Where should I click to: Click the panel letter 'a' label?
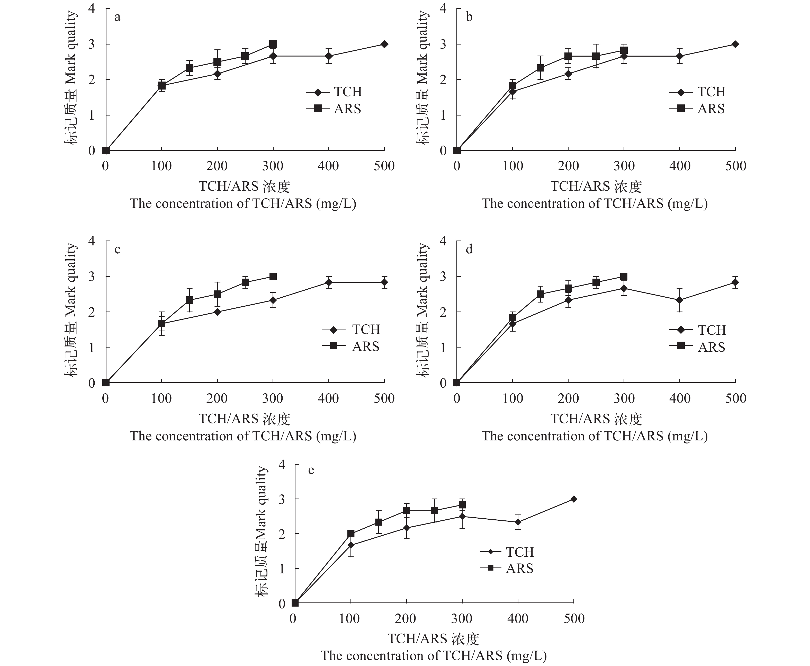coord(117,17)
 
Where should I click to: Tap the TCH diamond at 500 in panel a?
coord(384,44)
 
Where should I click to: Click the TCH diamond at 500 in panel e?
coord(574,499)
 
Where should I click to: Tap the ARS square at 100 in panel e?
coord(350,534)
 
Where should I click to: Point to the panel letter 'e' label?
coord(311,470)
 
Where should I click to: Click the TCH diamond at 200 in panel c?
coord(218,312)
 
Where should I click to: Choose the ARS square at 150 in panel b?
coord(540,68)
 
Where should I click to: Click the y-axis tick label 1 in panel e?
coord(283,569)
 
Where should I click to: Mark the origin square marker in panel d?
coord(457,383)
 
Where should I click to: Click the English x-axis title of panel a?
coord(243,203)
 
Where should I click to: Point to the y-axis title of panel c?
coord(71,310)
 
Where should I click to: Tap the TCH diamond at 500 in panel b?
coord(735,44)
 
